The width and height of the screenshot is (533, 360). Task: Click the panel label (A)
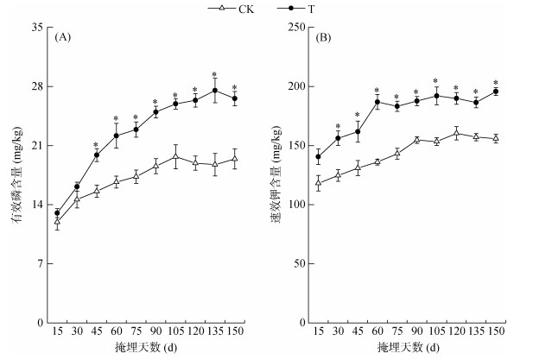click(62, 38)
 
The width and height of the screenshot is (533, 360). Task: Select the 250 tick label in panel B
click(298, 28)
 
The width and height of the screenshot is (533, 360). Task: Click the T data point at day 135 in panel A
click(215, 91)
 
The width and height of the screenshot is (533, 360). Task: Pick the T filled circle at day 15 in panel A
click(57, 213)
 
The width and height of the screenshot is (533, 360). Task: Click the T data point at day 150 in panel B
click(496, 92)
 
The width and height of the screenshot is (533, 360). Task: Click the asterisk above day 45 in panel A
click(96, 145)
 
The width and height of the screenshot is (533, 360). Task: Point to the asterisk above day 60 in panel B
click(378, 91)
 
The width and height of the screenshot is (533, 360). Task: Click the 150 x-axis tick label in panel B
click(496, 332)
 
